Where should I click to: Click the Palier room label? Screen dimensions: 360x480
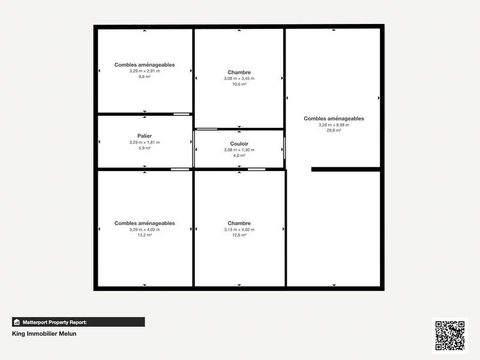144,136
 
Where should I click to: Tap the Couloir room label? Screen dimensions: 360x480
239,144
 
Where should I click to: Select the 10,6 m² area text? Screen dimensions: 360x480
239,84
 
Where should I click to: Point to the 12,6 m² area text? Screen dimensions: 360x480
239,235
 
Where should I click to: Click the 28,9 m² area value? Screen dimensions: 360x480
334,130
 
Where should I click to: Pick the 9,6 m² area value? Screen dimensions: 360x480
144,76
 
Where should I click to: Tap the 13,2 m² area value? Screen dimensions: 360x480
144,235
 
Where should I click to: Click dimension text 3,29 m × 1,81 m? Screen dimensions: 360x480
144,142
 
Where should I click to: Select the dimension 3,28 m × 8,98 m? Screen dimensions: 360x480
334,125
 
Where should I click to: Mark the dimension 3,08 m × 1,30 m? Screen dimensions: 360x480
239,150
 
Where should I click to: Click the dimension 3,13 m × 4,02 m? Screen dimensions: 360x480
239,229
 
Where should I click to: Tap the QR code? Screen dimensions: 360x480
449,335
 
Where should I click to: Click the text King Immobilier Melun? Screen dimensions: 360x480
44,334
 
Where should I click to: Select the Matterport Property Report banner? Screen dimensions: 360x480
79,322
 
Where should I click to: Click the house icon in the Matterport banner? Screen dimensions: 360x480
17,322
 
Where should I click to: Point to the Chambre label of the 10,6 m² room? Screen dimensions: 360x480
239,73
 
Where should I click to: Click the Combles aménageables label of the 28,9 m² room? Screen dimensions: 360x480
334,119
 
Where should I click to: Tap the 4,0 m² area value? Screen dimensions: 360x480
239,155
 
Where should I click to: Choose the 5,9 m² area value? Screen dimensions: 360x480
144,148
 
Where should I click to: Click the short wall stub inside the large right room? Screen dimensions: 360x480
346,169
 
